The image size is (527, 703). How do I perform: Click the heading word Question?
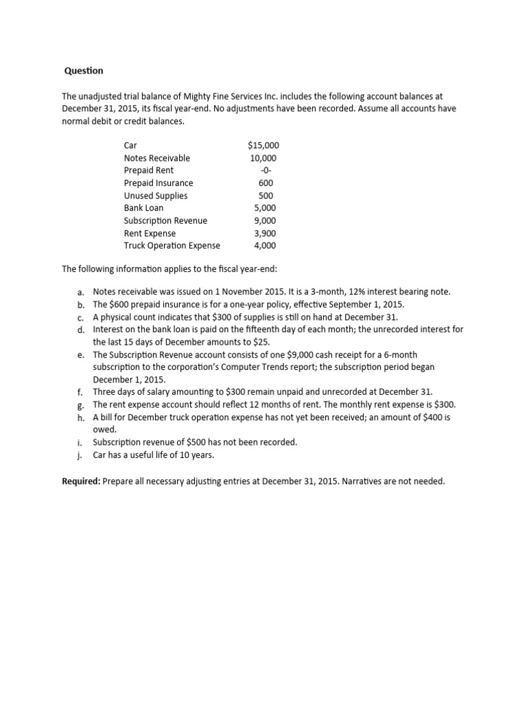pos(84,71)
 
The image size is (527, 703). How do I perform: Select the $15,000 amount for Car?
pos(263,146)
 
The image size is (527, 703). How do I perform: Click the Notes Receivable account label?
pos(156,158)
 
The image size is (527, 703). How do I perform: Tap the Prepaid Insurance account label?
pos(158,183)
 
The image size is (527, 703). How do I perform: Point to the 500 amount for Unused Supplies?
pos(265,196)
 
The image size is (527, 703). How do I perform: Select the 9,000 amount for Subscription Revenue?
pos(265,220)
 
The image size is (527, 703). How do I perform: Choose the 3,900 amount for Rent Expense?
pos(265,233)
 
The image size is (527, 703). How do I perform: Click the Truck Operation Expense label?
pos(172,246)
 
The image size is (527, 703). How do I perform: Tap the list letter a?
pos(81,292)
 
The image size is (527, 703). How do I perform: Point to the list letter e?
pos(81,355)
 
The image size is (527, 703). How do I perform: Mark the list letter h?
pos(81,417)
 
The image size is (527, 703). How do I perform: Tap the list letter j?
pos(81,455)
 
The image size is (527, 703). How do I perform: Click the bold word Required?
pos(81,481)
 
